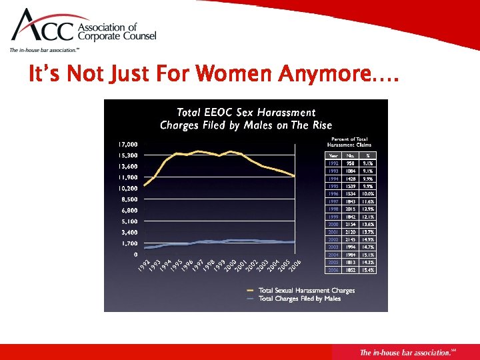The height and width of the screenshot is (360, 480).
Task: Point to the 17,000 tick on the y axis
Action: (x=128, y=144)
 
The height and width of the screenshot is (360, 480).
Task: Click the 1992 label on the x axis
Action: (x=144, y=266)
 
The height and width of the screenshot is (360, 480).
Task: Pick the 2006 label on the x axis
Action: (x=294, y=266)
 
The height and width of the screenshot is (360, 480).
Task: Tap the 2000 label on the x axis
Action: (x=230, y=266)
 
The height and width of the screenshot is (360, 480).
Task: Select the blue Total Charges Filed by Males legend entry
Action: (x=299, y=299)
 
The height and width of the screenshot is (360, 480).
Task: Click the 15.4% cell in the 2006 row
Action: (x=367, y=271)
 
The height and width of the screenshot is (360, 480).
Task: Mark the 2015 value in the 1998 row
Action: (x=351, y=209)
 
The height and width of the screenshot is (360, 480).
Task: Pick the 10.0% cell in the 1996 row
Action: (x=367, y=193)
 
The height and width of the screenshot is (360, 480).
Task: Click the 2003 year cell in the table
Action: (x=333, y=247)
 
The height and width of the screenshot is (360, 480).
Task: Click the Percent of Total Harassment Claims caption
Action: (x=349, y=141)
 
